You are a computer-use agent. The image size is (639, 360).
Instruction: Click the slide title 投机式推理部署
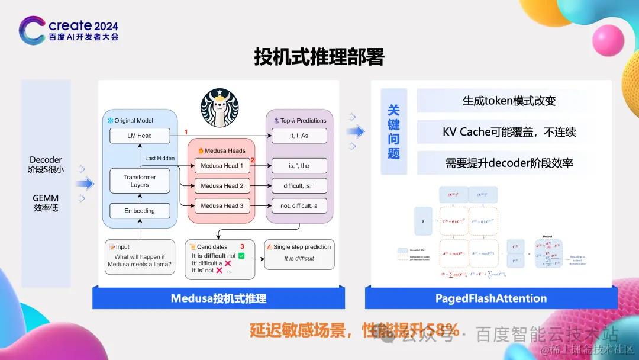(x=319, y=57)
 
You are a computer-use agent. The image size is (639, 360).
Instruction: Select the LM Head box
(x=140, y=136)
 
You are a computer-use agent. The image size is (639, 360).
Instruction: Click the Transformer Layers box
(x=140, y=181)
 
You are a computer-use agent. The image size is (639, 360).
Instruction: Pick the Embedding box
(x=140, y=211)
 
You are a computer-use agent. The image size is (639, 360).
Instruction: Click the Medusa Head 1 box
(x=222, y=166)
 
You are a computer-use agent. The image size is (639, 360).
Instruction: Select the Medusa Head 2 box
(x=222, y=186)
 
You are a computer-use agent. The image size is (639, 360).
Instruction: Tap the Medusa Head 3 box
(x=222, y=206)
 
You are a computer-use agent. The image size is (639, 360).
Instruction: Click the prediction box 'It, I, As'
(x=299, y=136)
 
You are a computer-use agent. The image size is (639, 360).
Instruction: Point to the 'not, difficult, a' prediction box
(x=299, y=206)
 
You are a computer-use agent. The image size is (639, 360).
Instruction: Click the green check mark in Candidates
(x=241, y=256)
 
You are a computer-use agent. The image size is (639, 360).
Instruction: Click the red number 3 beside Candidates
(x=241, y=246)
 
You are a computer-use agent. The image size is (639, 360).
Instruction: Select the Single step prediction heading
(x=299, y=246)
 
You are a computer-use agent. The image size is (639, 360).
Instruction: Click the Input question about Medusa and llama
(x=140, y=261)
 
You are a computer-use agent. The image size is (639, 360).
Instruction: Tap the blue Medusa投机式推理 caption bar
(x=218, y=298)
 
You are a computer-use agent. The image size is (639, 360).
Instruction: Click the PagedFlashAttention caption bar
(x=490, y=298)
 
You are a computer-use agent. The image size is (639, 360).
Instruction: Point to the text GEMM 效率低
(x=46, y=202)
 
